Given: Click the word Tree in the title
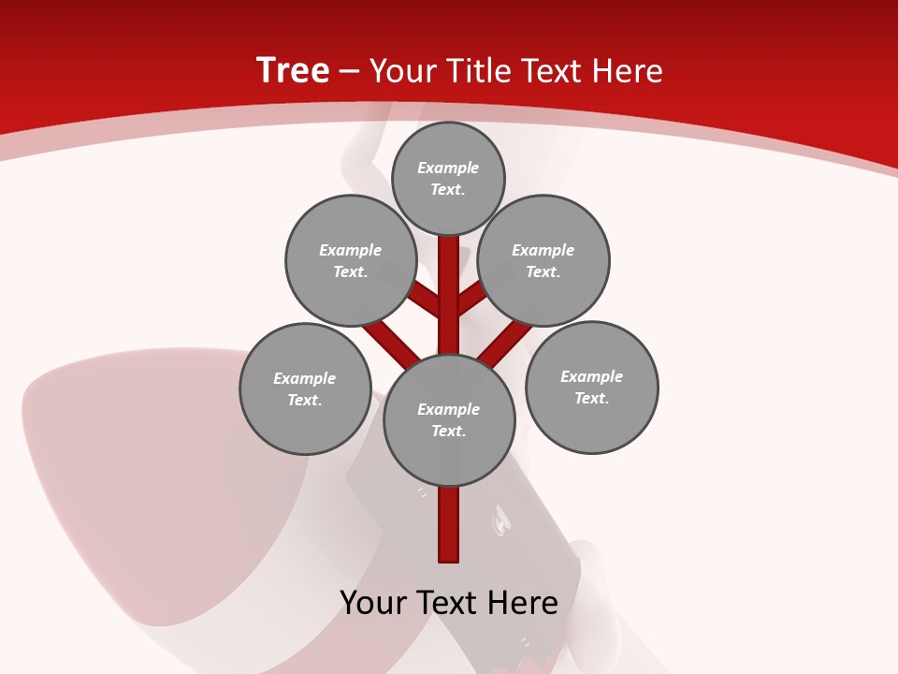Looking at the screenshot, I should pos(293,70).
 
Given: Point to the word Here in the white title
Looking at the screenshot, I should pos(629,71).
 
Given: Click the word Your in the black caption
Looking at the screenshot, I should pos(375,602).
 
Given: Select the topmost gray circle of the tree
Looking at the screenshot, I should pos(448,178).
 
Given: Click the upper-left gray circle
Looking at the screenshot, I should pos(350,260).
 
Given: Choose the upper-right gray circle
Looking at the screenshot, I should pos(543,260).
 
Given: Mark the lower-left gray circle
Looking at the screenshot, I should pos(305,388).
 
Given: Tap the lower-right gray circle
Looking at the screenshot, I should pos(591,387).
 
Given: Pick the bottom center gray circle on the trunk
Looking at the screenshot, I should pos(449,419).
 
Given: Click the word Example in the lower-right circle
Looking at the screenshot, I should pos(591,376).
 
